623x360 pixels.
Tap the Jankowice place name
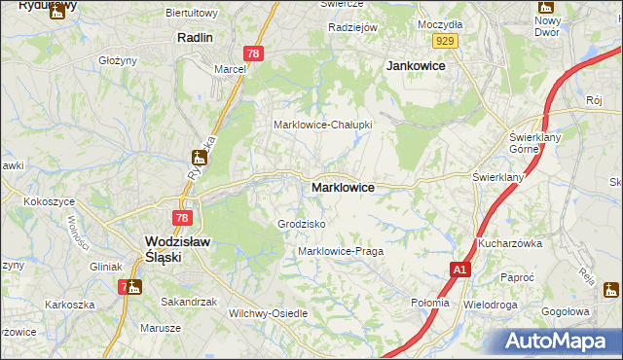pyautogui.click(x=416, y=65)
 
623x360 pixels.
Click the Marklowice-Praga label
pyautogui.click(x=340, y=251)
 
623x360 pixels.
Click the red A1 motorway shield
pyautogui.click(x=459, y=270)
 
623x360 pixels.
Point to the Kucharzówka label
pyautogui.click(x=510, y=243)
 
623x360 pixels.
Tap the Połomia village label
pyautogui.click(x=430, y=303)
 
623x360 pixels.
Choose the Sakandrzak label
pyautogui.click(x=189, y=302)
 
